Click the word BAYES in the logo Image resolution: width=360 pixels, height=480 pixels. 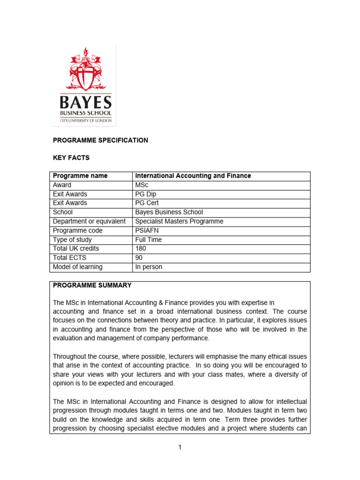[85, 102]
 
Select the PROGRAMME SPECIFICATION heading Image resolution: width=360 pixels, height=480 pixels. [100, 140]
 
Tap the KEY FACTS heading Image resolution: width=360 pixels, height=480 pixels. [71, 158]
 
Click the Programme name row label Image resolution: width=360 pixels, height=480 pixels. [80, 176]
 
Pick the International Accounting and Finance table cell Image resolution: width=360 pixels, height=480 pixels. [193, 176]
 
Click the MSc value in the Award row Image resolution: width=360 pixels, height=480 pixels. [142, 185]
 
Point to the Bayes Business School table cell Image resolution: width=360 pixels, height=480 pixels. [169, 212]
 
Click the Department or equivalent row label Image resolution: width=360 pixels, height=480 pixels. [89, 221]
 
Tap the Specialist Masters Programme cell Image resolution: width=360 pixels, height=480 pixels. [179, 221]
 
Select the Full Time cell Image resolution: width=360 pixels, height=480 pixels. [148, 240]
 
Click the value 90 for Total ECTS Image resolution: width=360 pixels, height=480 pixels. [139, 258]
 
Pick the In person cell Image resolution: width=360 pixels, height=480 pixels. [149, 267]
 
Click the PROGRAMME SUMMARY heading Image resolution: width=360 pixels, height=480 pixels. [92, 285]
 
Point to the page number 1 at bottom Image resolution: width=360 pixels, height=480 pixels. [180, 448]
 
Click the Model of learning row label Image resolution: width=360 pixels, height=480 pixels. [77, 267]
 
